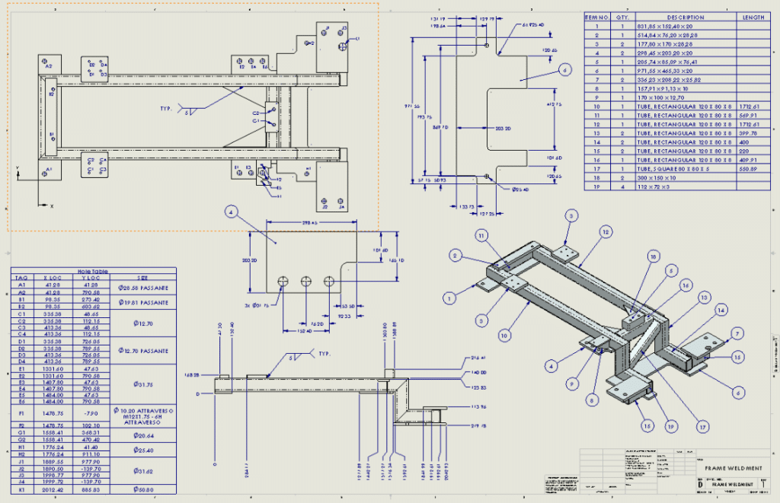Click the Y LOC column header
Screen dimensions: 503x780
91,278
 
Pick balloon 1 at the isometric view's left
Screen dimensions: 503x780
450,298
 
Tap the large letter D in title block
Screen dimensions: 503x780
700,484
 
